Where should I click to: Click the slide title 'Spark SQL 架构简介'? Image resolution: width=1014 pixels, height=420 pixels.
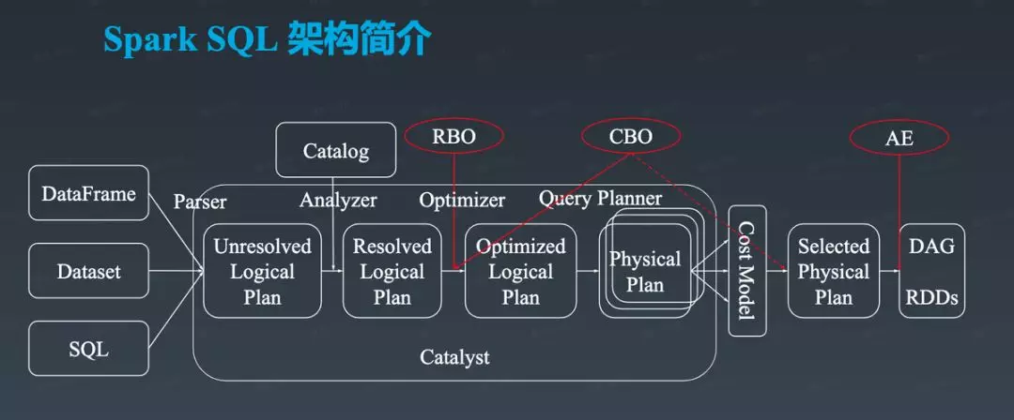click(x=267, y=40)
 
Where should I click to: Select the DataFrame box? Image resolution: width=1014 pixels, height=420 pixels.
click(x=88, y=193)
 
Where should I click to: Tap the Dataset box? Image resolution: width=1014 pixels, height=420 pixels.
click(x=88, y=271)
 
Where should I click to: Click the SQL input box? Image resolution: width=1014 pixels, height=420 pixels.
click(x=88, y=350)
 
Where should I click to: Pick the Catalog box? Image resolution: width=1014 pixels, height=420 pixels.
click(x=335, y=150)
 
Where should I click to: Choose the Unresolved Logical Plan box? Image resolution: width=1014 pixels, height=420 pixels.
click(x=263, y=271)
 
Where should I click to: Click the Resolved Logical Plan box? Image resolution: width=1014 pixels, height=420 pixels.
click(x=392, y=271)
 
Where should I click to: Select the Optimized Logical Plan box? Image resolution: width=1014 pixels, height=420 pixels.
click(x=520, y=271)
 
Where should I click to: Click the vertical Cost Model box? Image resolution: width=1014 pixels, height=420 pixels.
click(x=747, y=271)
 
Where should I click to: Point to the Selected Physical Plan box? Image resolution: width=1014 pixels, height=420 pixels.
click(x=834, y=271)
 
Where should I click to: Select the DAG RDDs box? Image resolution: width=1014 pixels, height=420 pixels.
click(x=932, y=271)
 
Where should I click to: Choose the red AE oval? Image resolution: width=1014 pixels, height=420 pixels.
click(x=899, y=137)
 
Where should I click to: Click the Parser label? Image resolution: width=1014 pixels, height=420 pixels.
click(x=200, y=202)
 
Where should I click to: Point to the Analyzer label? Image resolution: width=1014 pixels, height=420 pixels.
click(x=338, y=201)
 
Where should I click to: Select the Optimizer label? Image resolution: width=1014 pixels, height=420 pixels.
click(x=462, y=201)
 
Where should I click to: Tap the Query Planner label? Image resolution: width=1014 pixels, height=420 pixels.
click(x=600, y=199)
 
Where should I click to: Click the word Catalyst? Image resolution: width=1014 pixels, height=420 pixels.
click(x=454, y=356)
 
